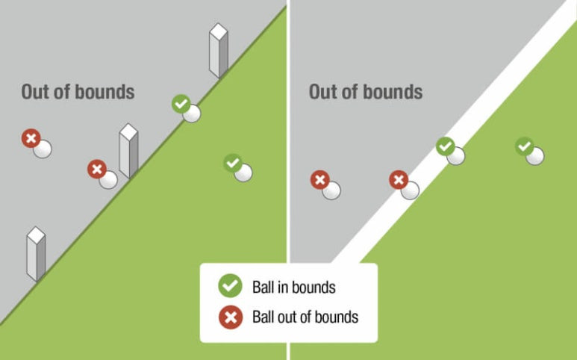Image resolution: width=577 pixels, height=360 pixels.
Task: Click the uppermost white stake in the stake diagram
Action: pyautogui.click(x=218, y=50)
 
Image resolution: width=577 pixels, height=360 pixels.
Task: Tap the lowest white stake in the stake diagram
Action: pyautogui.click(x=36, y=253)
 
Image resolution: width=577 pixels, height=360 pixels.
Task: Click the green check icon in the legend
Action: pyautogui.click(x=229, y=286)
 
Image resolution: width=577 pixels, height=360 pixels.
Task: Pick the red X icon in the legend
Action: pyautogui.click(x=229, y=317)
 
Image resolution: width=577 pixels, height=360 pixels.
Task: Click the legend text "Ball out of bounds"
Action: pyautogui.click(x=305, y=317)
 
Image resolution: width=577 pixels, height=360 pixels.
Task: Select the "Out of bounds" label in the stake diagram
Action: pyautogui.click(x=78, y=92)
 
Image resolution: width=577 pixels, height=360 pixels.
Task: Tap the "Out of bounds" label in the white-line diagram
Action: pyautogui.click(x=366, y=92)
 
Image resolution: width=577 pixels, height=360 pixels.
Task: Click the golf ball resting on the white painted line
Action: pyautogui.click(x=455, y=155)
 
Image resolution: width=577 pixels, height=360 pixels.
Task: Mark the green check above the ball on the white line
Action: pyautogui.click(x=446, y=146)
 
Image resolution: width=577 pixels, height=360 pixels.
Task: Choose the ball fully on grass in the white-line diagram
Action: pyautogui.click(x=534, y=155)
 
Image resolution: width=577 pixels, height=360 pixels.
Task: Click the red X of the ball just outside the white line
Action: pyautogui.click(x=399, y=180)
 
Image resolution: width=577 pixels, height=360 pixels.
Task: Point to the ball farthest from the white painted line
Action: pyautogui.click(x=331, y=190)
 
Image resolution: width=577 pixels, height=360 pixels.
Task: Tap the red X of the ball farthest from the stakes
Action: pyautogui.click(x=31, y=138)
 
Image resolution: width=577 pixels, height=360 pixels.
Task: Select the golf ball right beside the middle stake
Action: pyautogui.click(x=109, y=179)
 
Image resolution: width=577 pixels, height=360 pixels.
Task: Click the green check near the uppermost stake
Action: pyautogui.click(x=181, y=104)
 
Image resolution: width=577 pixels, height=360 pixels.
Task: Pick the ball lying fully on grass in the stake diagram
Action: pyautogui.click(x=243, y=172)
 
